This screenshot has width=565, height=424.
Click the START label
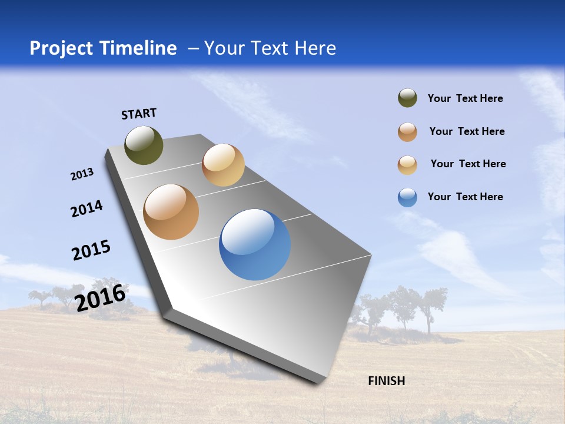coord(139,114)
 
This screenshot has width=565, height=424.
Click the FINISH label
coord(386,381)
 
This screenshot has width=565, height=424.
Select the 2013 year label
coord(82,174)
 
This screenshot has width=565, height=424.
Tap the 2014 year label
coord(87,208)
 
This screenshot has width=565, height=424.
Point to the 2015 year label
coord(91,250)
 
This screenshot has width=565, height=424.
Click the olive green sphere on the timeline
coord(144,145)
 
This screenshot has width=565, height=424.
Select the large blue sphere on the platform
coord(255,244)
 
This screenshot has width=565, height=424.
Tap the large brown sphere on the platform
coord(171,212)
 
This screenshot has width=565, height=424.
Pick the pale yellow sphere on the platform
coord(223,165)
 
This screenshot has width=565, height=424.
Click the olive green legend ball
coord(407,98)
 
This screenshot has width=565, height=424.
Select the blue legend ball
coord(407,197)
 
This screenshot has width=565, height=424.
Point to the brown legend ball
coord(407,132)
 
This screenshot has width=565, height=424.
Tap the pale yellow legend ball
coord(407,165)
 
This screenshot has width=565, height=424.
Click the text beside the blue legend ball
coord(465,197)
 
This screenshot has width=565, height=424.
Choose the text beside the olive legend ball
coord(465,98)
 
